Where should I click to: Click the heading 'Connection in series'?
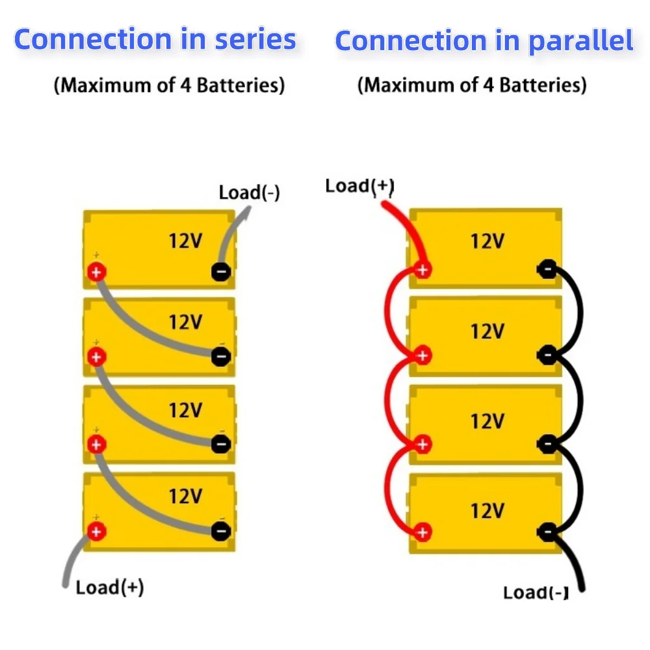tap(155, 40)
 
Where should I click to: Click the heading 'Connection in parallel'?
tap(484, 41)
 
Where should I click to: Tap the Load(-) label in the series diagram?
tap(250, 192)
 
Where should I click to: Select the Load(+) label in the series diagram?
tap(110, 588)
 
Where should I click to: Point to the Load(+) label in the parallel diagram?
tap(359, 186)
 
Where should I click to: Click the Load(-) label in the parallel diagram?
tap(536, 593)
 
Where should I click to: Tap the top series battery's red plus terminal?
tap(97, 272)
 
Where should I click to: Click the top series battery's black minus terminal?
tap(221, 272)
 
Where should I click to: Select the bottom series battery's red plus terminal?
tap(97, 531)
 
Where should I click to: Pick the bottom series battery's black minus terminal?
tap(221, 531)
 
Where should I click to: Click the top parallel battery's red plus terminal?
tap(423, 268)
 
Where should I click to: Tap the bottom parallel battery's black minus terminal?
tap(547, 532)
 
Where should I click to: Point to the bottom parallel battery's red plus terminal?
tap(423, 532)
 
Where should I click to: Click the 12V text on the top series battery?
tap(185, 241)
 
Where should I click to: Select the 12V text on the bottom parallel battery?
tap(487, 510)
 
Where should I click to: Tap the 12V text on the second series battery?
tap(185, 322)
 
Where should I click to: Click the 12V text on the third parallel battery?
tap(487, 421)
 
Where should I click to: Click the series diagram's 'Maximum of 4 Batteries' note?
tap(169, 85)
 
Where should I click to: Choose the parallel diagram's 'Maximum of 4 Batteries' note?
tap(472, 85)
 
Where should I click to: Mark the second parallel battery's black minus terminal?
tap(547, 356)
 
